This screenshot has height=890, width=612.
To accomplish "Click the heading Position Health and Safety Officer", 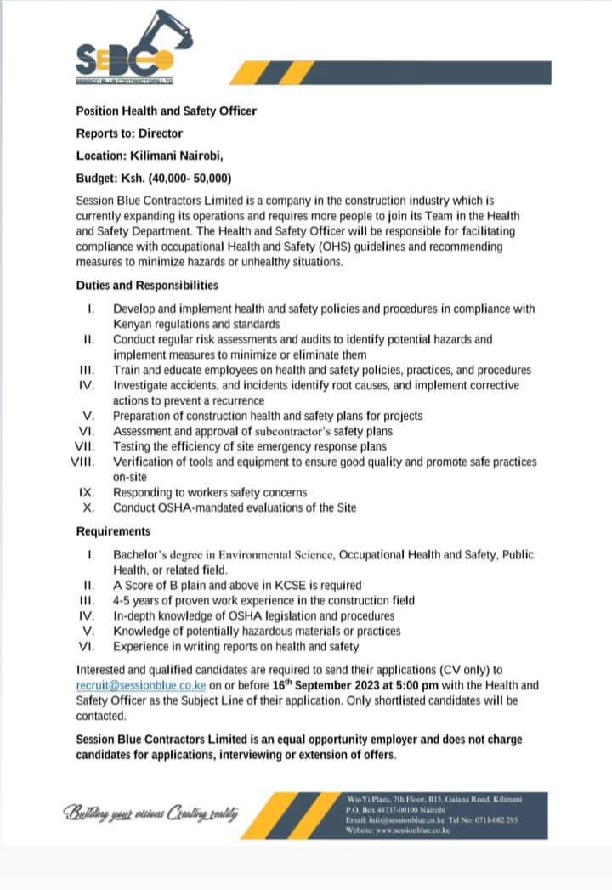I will tap(166, 111).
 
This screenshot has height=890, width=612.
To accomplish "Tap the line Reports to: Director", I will tap(129, 133).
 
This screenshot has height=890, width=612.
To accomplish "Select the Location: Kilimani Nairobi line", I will tap(150, 156).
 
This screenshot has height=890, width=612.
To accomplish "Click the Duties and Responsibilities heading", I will tap(146, 286).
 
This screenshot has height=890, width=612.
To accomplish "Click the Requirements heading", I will tap(113, 531).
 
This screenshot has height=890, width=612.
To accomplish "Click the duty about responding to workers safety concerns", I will tap(210, 492).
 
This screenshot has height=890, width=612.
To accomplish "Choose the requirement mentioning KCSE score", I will tap(237, 585).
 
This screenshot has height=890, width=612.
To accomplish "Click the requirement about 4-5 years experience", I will tap(263, 600).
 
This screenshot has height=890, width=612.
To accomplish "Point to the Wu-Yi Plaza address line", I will tap(434, 800).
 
